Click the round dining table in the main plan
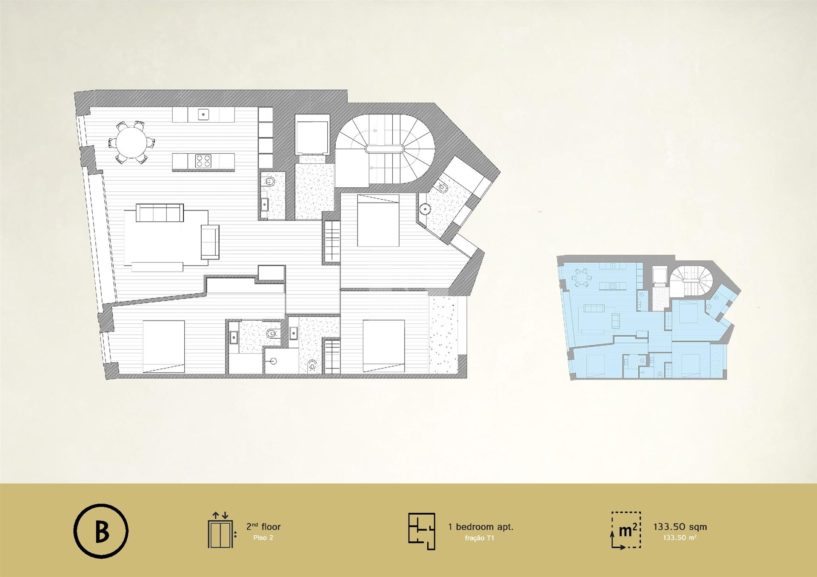[132, 142]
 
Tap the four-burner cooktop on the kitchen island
[203, 161]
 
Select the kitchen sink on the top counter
[204, 114]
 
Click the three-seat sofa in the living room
[160, 213]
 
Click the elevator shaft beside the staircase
[311, 137]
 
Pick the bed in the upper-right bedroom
[378, 220]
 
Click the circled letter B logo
[101, 531]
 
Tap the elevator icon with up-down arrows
[220, 530]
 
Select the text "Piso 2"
[263, 538]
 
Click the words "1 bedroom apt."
[480, 527]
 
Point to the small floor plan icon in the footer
[422, 531]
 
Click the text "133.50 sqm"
[680, 527]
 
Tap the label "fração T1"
[479, 538]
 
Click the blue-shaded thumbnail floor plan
[649, 317]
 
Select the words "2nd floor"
[263, 527]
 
